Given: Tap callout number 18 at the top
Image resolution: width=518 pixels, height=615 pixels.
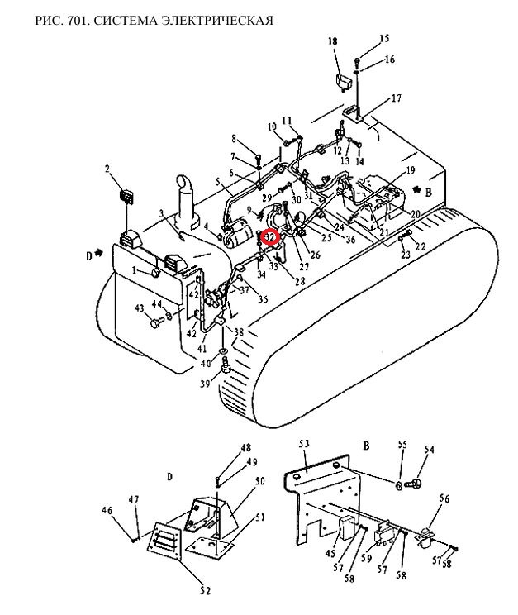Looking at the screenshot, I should [333, 41].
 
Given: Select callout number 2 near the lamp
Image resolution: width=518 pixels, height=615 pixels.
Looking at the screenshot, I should [107, 169].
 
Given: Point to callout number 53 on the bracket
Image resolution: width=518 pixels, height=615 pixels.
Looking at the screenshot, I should [304, 446].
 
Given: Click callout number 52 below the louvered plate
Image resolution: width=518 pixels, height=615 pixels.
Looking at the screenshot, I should [204, 590].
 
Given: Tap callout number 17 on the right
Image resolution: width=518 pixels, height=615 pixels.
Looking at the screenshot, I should [396, 98].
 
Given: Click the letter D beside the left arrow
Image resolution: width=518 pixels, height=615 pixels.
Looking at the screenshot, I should [89, 255].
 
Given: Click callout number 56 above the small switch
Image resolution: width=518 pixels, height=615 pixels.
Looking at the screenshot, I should [444, 498].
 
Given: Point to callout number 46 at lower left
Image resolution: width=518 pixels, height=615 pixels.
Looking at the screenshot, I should [107, 512].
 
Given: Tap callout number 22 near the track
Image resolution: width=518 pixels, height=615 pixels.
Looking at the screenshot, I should [420, 246].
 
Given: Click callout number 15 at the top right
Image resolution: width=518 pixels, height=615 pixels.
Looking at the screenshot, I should [384, 39].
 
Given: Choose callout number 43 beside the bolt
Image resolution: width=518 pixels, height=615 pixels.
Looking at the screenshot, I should [139, 308].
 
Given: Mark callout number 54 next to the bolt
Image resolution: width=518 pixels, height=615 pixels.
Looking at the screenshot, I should [429, 450].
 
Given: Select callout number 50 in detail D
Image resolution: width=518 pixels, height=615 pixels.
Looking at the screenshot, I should [259, 481].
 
